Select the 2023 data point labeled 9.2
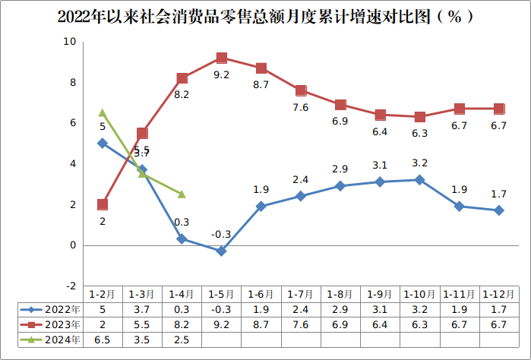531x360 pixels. [x=222, y=58]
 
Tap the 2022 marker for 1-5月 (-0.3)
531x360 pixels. [x=222, y=251]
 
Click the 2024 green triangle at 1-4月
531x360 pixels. [x=182, y=194]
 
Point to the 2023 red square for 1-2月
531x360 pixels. [x=103, y=204]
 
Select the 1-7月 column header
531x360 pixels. [x=301, y=294]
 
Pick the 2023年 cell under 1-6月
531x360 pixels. [x=261, y=324]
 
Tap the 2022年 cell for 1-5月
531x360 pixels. [x=222, y=309]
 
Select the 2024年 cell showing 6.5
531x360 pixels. [x=103, y=339]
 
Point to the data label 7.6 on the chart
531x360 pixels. [x=301, y=107]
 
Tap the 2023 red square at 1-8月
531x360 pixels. [x=340, y=105]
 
